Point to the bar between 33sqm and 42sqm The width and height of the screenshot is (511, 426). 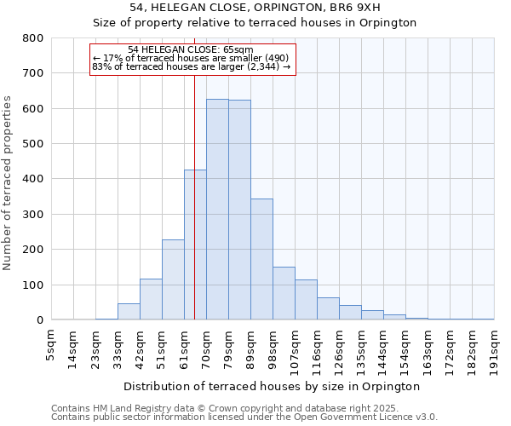(129, 312)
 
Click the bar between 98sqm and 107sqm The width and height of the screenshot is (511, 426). (284, 293)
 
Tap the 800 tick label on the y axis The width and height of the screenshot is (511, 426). (33, 38)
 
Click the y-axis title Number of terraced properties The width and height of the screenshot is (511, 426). (8, 183)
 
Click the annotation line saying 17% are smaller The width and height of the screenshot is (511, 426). (192, 58)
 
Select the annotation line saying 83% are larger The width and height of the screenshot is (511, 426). (192, 66)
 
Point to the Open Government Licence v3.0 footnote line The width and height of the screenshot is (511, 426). (244, 417)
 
